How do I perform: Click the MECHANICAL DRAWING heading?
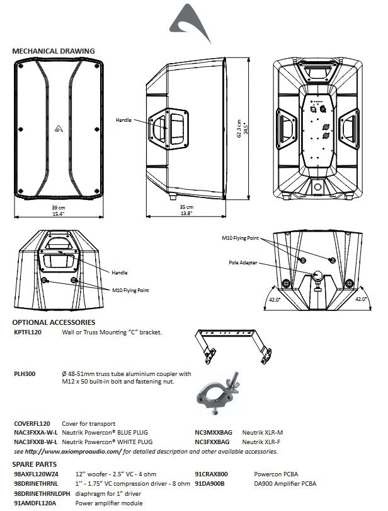point(54,50)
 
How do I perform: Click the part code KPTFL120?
point(28,332)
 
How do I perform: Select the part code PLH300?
point(25,374)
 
